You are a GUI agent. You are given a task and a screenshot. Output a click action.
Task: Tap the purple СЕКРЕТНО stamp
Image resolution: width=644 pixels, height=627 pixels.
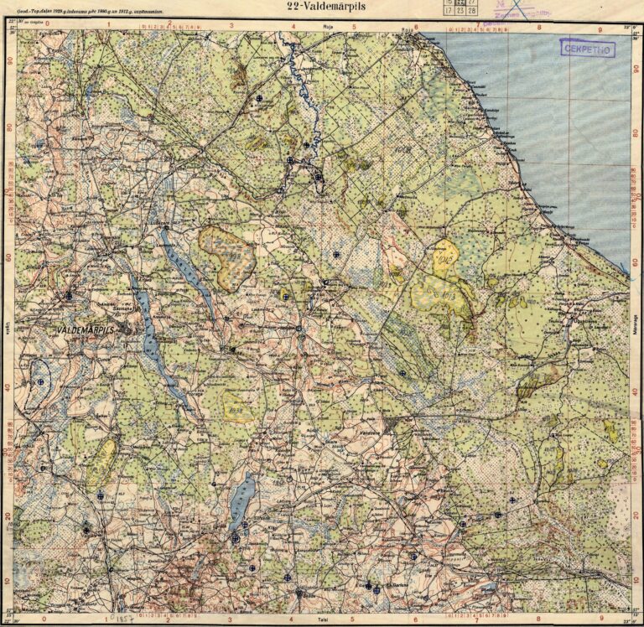point(587,49)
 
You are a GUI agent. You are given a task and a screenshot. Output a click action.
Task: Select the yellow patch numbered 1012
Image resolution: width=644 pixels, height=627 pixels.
point(444,259)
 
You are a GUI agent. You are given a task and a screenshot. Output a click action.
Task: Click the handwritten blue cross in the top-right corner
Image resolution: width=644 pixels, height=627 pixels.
point(523,9)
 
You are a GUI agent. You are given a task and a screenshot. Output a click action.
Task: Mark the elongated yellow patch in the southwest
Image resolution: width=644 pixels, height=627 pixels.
point(102,460)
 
